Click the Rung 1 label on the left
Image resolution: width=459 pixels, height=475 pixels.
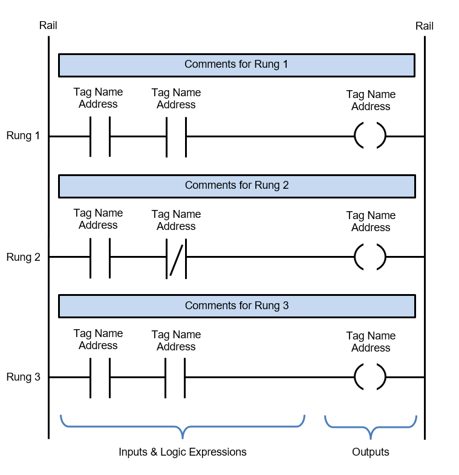(x=23, y=136)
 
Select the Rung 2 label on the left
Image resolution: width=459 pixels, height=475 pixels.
(x=23, y=257)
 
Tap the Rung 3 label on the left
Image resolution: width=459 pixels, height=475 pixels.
(x=23, y=378)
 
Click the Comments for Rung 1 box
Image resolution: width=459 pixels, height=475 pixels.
(x=236, y=65)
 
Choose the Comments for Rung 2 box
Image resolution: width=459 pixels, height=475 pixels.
(x=236, y=186)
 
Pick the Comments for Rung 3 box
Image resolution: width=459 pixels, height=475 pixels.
(x=236, y=306)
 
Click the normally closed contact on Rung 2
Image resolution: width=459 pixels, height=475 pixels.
(x=176, y=257)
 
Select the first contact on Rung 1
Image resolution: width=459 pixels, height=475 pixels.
(x=100, y=136)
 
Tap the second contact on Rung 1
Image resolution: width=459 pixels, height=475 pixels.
(x=176, y=136)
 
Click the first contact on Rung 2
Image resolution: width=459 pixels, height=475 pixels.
(x=100, y=257)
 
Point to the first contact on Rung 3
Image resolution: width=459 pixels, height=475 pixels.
(x=100, y=378)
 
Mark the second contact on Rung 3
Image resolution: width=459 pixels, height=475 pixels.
(x=175, y=378)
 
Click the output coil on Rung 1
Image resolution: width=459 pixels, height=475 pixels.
(x=370, y=136)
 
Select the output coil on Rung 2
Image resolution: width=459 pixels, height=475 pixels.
(x=370, y=257)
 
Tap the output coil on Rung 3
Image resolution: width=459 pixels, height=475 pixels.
(x=370, y=378)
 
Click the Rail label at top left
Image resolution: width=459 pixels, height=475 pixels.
(x=48, y=25)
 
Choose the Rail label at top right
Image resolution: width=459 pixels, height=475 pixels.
(x=424, y=26)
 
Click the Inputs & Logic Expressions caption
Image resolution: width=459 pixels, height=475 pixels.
(x=182, y=453)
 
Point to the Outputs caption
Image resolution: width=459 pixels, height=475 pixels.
(x=370, y=453)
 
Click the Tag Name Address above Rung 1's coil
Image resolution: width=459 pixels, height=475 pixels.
(x=371, y=100)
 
